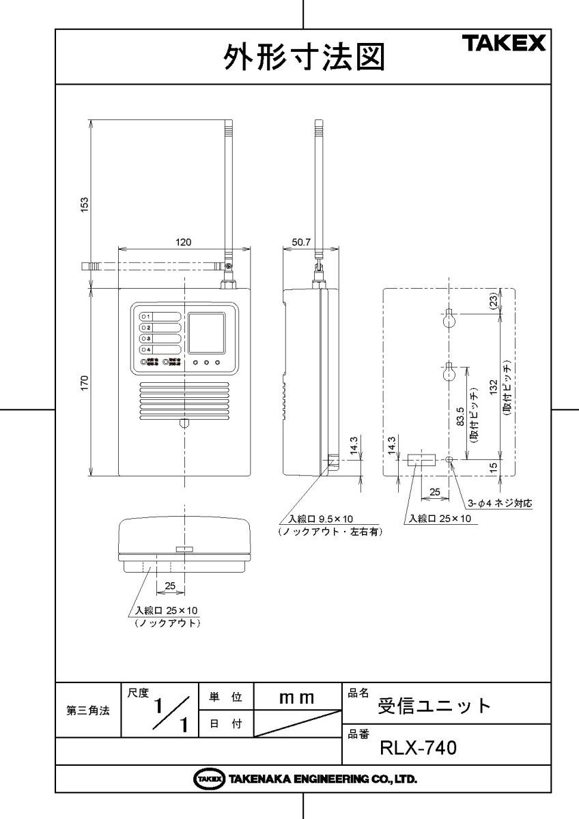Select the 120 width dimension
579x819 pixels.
coord(184,242)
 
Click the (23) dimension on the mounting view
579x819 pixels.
coord(494,302)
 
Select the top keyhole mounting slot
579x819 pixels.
coord(449,317)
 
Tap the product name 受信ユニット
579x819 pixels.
coord(434,705)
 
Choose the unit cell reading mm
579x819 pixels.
coord(297,698)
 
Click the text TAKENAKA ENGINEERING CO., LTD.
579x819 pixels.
coord(321,779)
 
